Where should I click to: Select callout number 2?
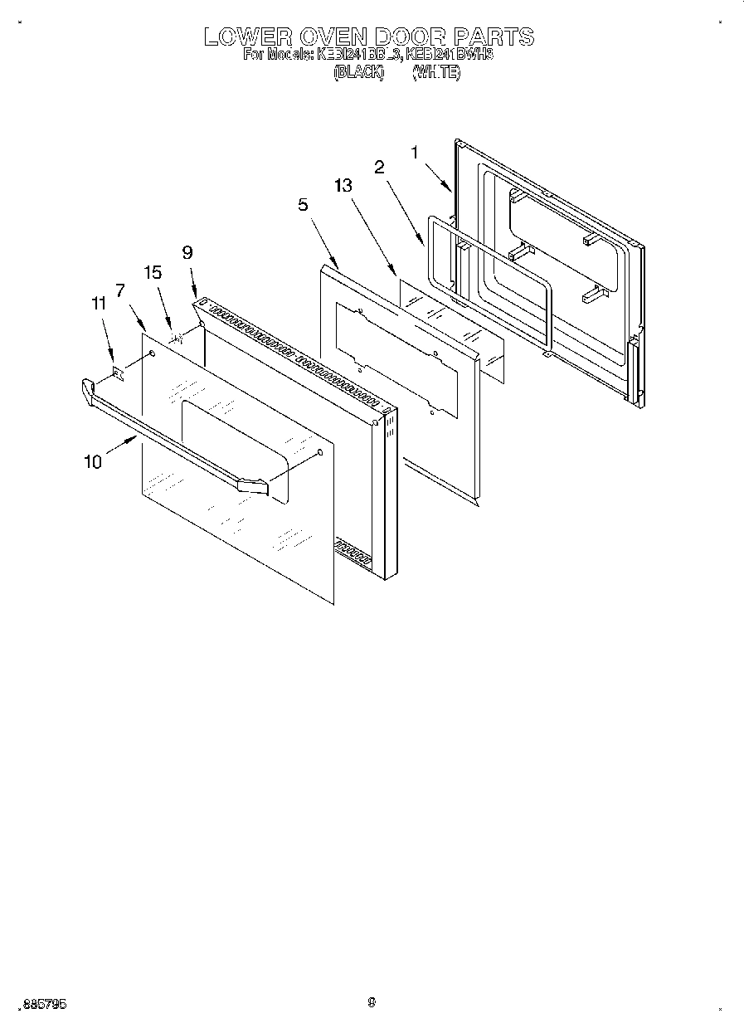pos(379,167)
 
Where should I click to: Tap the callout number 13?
pos(343,186)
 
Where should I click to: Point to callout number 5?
pos(304,204)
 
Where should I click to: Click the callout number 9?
pos(187,252)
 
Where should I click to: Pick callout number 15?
pos(153,272)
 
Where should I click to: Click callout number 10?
pos(93,462)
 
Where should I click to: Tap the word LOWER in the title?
pos(247,37)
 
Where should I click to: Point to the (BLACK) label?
pos(359,73)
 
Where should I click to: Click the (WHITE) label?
pos(436,73)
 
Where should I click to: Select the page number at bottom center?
pos(372,1002)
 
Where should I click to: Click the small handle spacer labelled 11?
pos(119,375)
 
